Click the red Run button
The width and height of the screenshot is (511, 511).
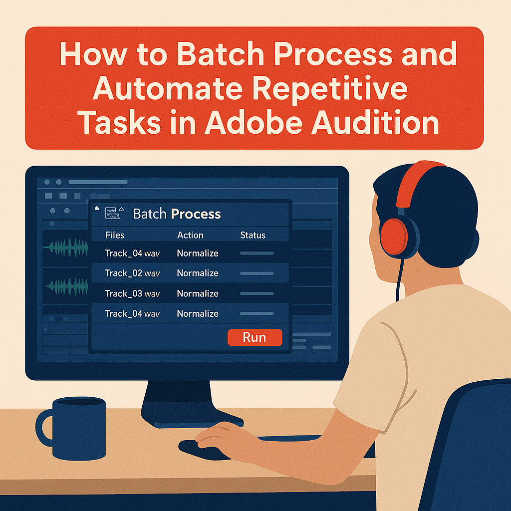click(255, 338)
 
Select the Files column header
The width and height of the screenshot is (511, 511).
click(115, 235)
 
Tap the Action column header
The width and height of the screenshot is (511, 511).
click(190, 235)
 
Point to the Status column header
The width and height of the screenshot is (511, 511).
click(253, 235)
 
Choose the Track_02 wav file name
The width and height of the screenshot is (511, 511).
click(132, 273)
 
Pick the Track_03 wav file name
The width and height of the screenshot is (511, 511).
click(132, 294)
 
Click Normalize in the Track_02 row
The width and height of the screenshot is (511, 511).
click(198, 273)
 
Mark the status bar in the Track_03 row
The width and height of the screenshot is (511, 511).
click(256, 294)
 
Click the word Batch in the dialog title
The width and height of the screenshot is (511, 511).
click(150, 215)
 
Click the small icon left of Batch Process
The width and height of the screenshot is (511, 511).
click(114, 214)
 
